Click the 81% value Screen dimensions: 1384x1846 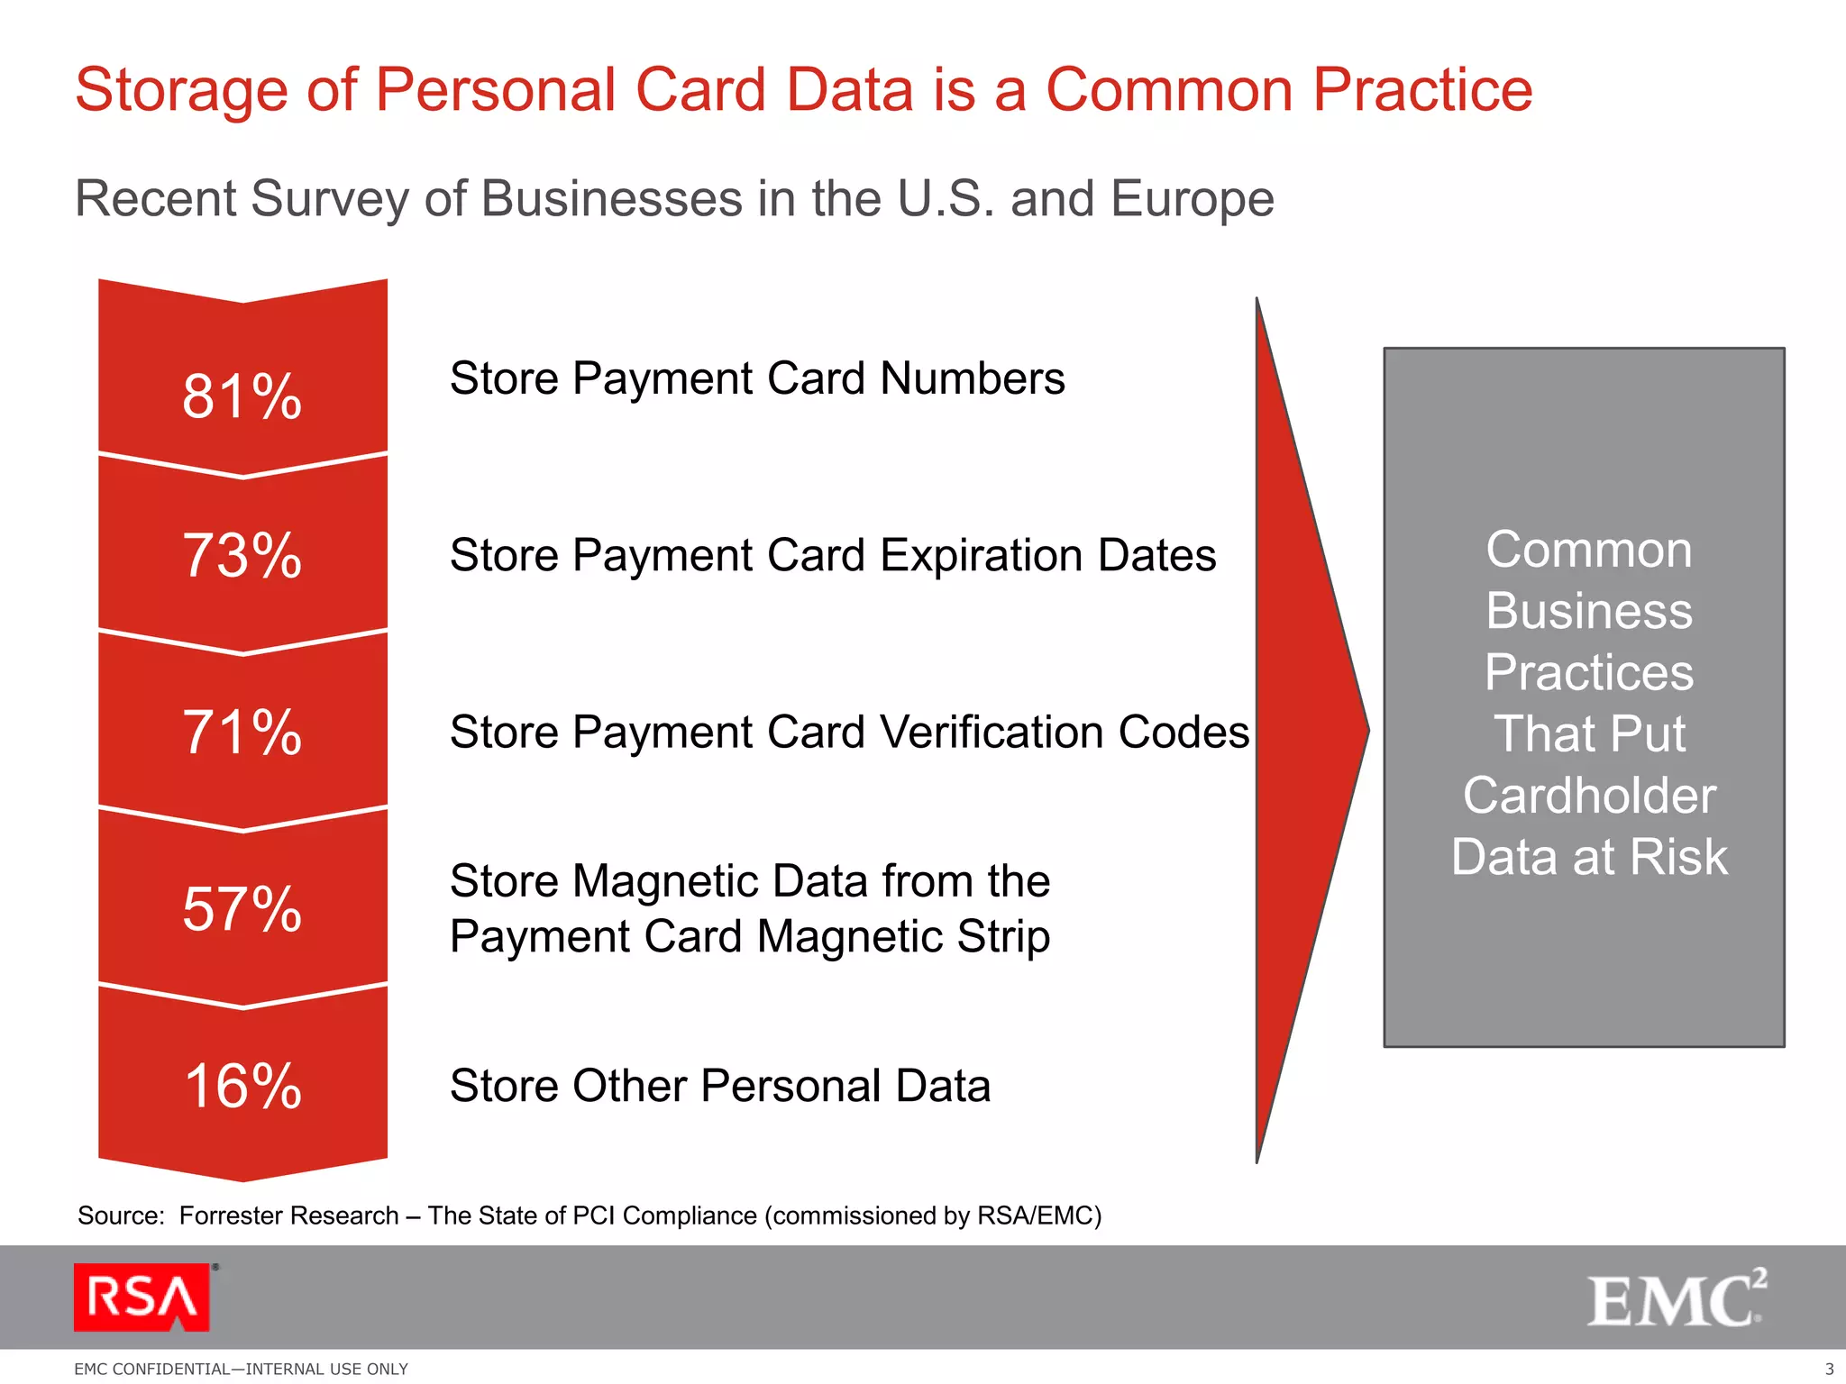click(242, 396)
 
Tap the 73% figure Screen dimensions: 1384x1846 click(242, 555)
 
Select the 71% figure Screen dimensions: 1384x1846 click(242, 732)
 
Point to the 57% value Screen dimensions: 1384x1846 click(242, 908)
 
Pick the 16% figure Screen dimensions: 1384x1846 click(242, 1086)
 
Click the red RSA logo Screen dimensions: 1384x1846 click(142, 1297)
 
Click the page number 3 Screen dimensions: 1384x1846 click(1829, 1369)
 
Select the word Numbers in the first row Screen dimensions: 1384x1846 click(973, 378)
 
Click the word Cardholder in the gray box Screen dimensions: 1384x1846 click(1589, 796)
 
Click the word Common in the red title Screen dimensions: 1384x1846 click(1169, 90)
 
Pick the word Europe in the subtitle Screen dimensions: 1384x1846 click(1192, 198)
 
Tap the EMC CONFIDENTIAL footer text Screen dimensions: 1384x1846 click(241, 1369)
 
